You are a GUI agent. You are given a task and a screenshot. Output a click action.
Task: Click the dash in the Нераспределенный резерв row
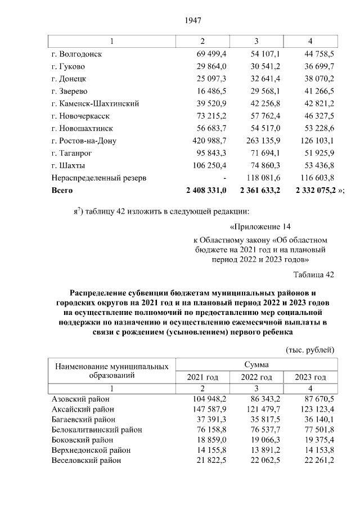coord(224,178)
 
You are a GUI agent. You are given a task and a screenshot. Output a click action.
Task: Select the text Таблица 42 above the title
coord(314,274)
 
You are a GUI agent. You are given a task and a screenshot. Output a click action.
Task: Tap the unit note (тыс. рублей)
coord(310,349)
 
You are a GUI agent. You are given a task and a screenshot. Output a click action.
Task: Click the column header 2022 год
coord(256,377)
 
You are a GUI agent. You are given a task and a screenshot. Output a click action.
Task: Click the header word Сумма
coord(256,364)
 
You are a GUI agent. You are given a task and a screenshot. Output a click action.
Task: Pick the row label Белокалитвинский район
coord(96,430)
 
